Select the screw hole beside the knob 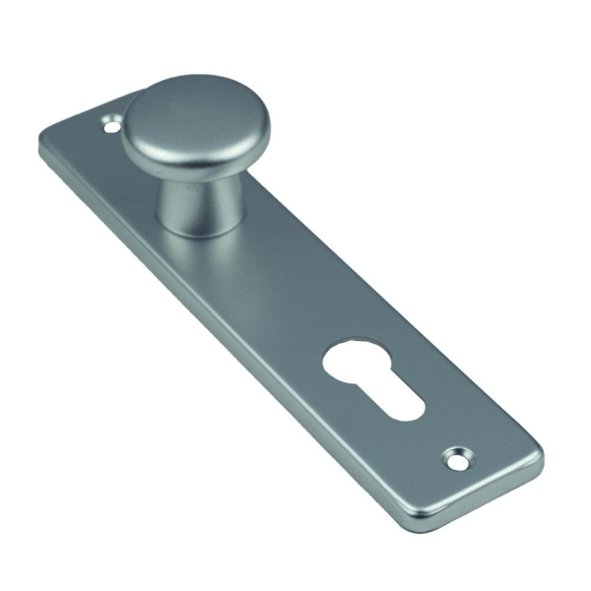tap(111, 125)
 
